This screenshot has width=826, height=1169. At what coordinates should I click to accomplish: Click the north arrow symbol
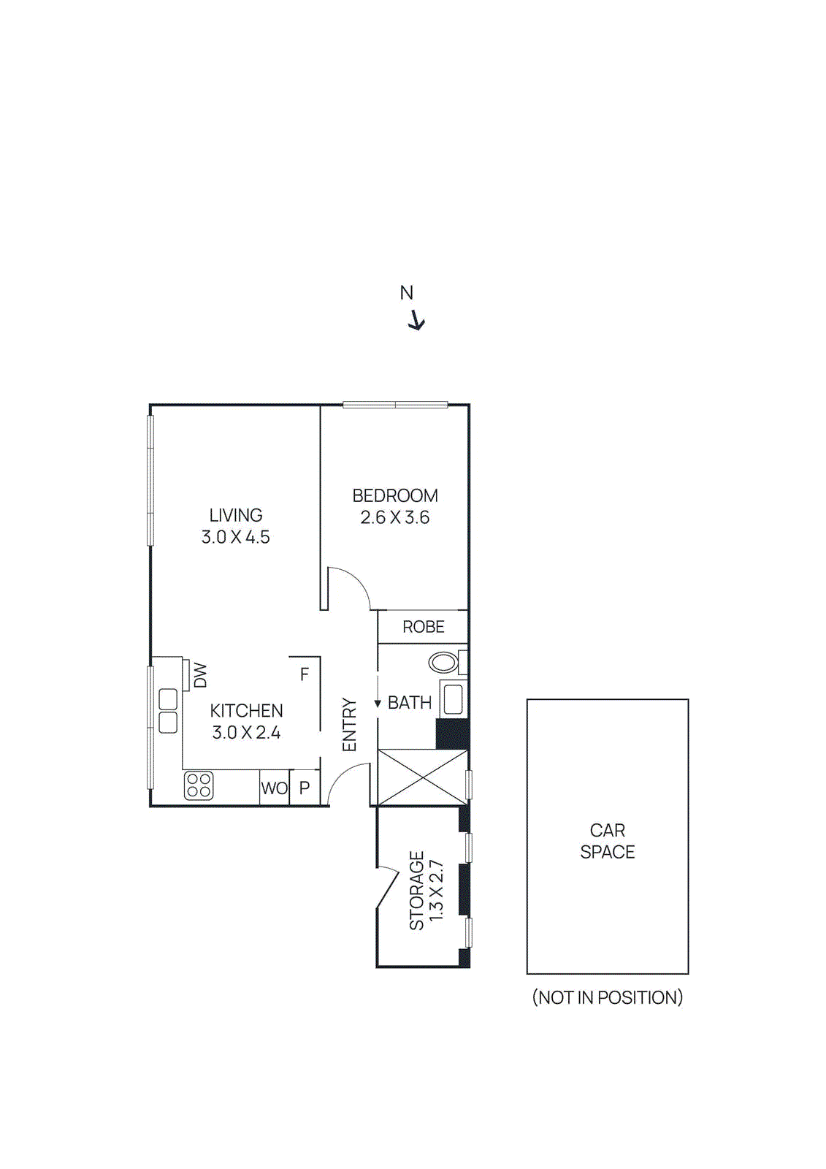click(x=416, y=321)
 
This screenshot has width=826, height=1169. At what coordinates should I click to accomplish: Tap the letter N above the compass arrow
click(x=407, y=293)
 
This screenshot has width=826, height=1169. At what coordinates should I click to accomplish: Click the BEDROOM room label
click(x=395, y=496)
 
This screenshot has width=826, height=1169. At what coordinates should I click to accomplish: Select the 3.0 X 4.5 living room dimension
click(x=236, y=537)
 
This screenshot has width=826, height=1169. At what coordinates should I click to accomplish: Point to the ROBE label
click(x=424, y=627)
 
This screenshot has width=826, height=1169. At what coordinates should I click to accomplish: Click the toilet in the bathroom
click(x=443, y=663)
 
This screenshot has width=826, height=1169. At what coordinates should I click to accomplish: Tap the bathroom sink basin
click(x=453, y=699)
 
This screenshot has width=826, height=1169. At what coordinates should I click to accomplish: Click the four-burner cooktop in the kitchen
click(x=199, y=785)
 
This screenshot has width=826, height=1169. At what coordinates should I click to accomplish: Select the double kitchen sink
click(x=168, y=711)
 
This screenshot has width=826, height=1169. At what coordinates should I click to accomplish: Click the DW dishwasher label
click(x=200, y=675)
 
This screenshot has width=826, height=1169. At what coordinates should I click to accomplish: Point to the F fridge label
click(x=305, y=674)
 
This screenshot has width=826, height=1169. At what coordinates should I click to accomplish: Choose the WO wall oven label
click(x=275, y=788)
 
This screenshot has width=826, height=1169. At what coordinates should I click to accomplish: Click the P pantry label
click(x=305, y=788)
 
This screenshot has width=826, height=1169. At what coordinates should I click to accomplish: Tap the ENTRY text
click(x=350, y=724)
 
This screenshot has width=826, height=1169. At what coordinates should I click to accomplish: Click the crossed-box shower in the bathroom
click(x=422, y=777)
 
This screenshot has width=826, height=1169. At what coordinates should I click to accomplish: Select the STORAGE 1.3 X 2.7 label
click(x=426, y=890)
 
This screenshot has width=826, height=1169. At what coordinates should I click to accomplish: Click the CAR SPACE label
click(x=608, y=841)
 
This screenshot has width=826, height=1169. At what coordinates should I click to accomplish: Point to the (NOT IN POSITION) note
click(x=608, y=997)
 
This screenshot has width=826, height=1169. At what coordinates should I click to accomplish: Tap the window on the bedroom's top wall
click(x=395, y=405)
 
